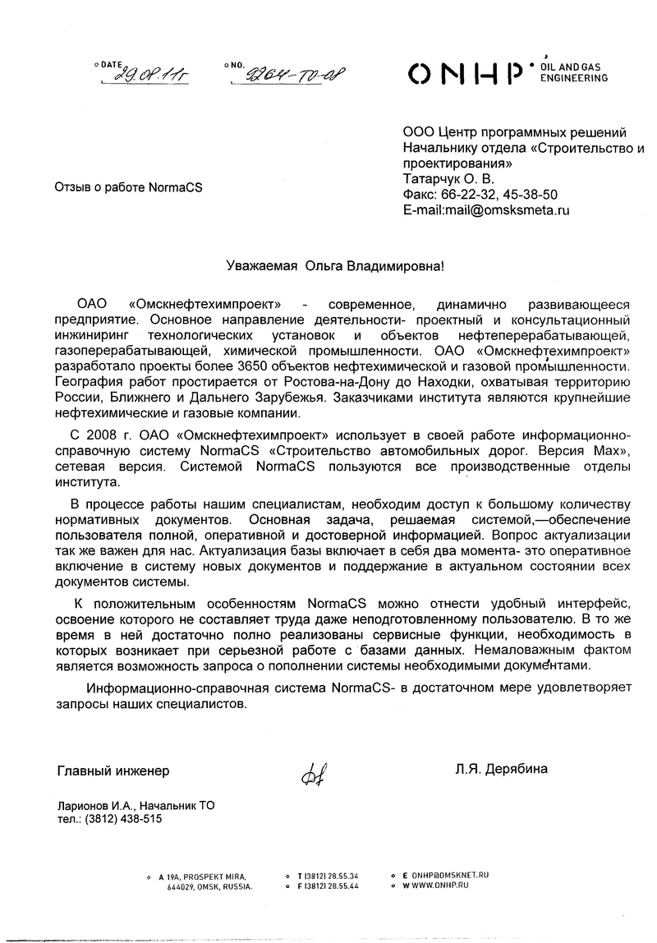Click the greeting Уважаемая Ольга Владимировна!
pos(338,266)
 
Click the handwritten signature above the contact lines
pos(315,772)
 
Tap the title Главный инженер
pos(113,770)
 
